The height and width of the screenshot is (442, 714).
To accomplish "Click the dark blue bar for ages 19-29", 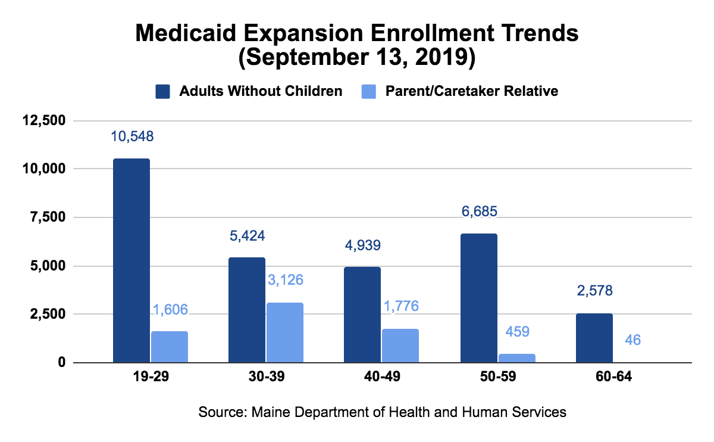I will pos(131,260).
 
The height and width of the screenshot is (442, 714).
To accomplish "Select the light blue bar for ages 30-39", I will pos(285,332).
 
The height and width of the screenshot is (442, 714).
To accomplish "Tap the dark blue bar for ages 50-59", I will pos(479,298).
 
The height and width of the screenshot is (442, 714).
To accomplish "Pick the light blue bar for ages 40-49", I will pos(400,345).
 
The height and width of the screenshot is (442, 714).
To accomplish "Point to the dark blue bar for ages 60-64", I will pos(594,338).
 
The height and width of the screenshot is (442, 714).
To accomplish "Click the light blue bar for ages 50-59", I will pos(517,358).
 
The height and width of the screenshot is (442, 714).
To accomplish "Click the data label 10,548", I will pos(132,136).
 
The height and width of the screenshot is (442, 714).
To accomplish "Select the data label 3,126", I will pos(284,280).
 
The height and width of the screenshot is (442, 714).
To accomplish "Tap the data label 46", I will pos(632,340).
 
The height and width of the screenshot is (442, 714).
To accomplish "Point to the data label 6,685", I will pos(479,211).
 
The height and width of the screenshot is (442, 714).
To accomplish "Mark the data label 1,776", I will pos(400,306).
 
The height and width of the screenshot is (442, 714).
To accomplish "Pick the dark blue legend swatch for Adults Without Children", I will pos(163,91).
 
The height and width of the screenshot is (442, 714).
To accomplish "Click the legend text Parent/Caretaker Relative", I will pos(472,91).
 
